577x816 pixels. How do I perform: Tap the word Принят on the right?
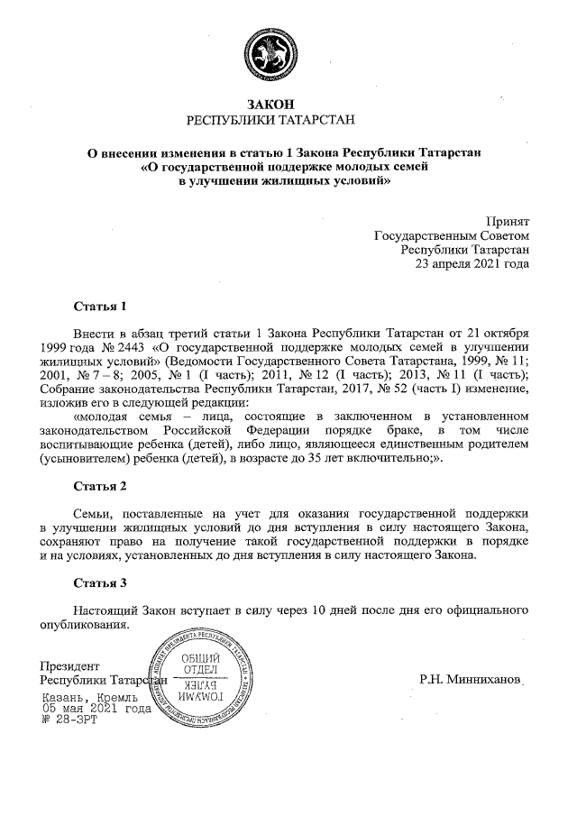coord(508,222)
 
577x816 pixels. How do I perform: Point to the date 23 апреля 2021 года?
coord(472,265)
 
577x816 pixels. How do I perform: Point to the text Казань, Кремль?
coord(89,697)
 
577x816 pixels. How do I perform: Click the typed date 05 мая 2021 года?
coord(96,709)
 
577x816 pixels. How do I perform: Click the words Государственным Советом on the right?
coord(452,236)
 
